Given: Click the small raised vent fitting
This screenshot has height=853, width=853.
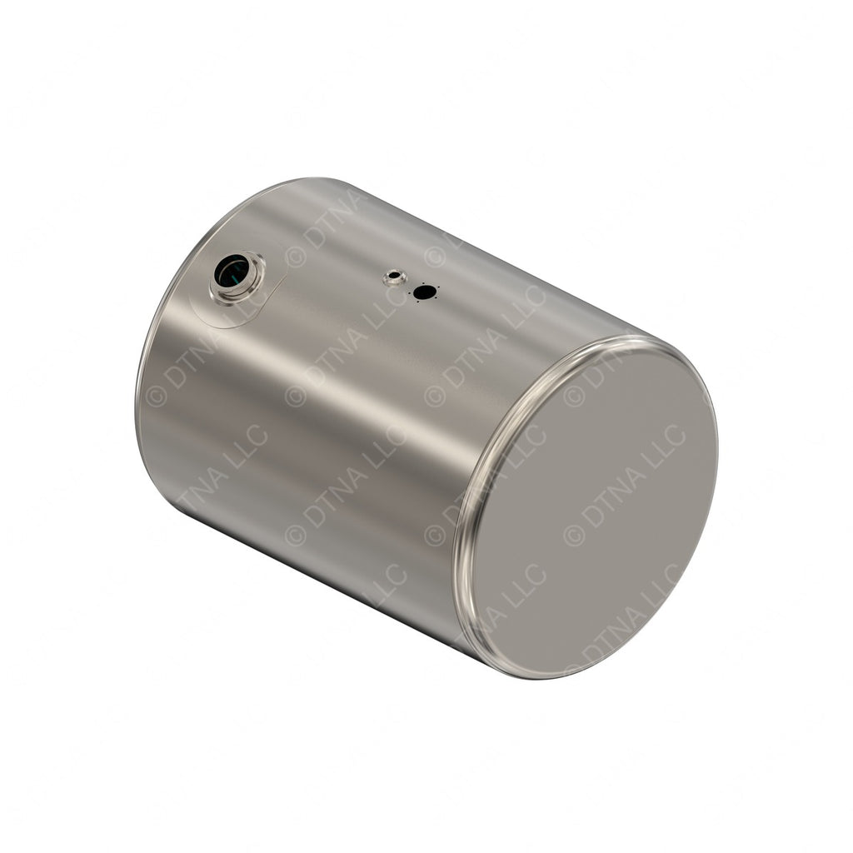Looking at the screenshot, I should pyautogui.click(x=393, y=277).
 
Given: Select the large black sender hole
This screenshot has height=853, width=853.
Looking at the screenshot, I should pyautogui.click(x=425, y=292).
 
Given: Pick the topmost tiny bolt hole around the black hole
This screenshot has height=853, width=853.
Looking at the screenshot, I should pyautogui.click(x=425, y=283).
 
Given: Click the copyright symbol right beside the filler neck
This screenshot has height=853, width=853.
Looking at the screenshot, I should pyautogui.click(x=295, y=257).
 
